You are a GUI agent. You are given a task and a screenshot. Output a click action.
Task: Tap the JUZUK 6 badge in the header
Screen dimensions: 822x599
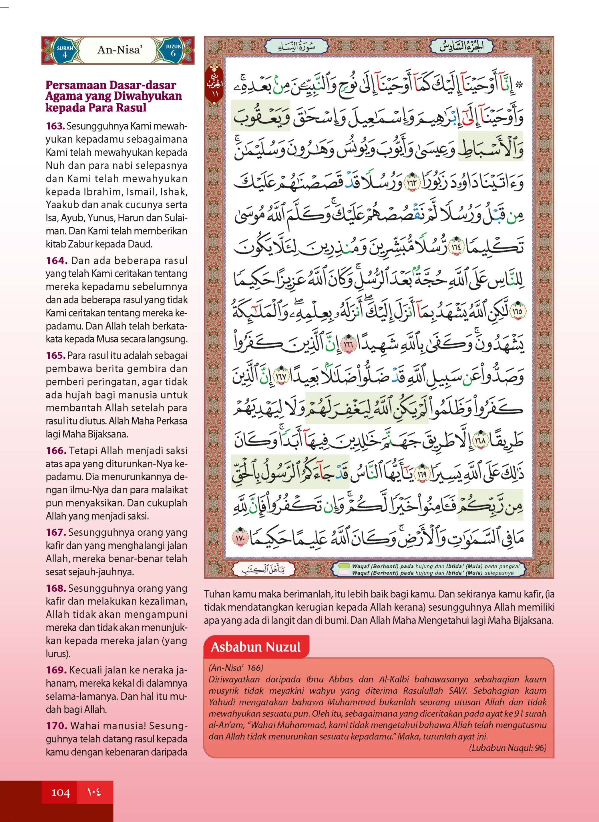point(173,51)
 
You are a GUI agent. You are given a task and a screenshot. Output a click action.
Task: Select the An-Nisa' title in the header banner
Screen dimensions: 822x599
point(119,50)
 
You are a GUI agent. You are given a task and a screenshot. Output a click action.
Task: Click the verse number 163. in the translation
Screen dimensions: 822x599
point(55,127)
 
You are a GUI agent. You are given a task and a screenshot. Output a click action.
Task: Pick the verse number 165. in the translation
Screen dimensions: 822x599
point(55,355)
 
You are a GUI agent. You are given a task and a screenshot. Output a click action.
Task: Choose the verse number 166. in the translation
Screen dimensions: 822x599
point(56,451)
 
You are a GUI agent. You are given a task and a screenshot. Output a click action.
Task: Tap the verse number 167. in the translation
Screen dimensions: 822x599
point(55,532)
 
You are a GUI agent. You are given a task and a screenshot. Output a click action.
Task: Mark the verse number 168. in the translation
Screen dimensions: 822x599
point(55,588)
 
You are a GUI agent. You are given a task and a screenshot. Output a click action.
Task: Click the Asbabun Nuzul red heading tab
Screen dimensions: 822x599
point(256,647)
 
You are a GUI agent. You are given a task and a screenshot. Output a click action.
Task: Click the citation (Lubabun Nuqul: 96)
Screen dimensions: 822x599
point(508,748)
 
